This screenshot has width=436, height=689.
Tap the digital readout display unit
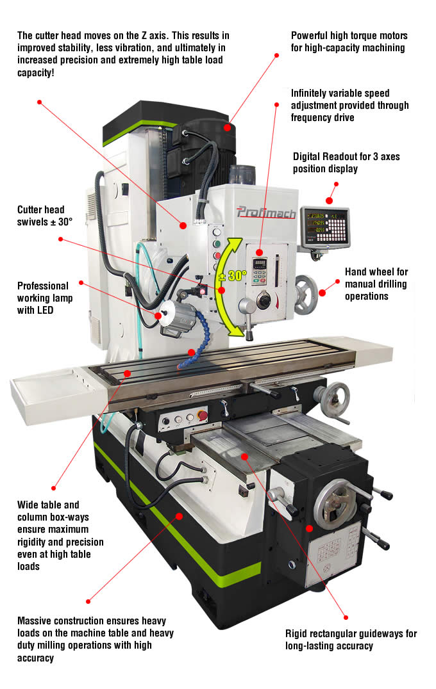point(325,226)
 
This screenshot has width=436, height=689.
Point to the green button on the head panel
point(216,244)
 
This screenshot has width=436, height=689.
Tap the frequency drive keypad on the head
point(260,270)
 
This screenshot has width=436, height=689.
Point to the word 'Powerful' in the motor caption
point(312,36)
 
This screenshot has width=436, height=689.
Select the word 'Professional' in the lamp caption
point(43,286)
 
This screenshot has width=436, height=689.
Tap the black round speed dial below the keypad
point(264,301)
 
